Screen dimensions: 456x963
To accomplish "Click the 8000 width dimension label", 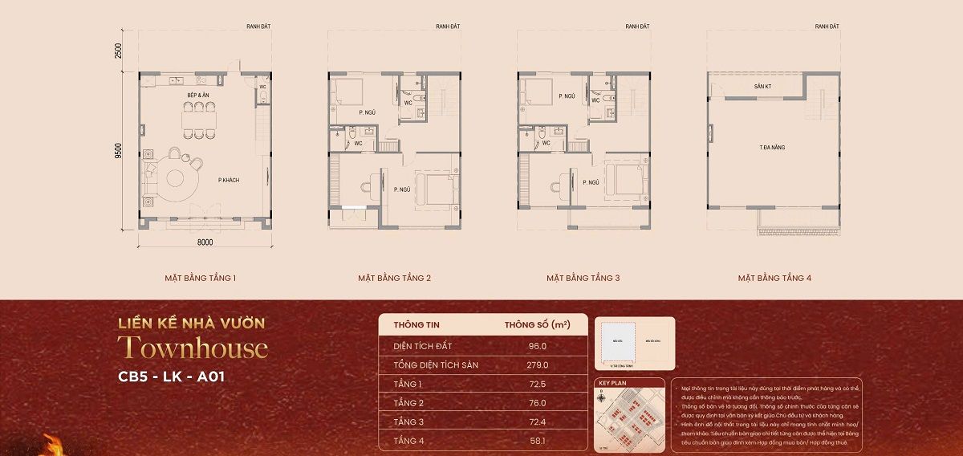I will coord(205,242).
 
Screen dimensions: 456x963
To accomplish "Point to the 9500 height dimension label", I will coord(118,151).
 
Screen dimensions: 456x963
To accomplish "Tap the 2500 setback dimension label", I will coord(118,51).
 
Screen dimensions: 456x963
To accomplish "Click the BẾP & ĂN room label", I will coord(198,96).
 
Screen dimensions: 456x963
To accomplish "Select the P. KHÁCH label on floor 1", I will coord(229,180).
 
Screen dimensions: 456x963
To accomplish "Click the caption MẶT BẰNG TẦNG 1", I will coord(200,279).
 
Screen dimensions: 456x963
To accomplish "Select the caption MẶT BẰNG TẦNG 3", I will coord(583,279).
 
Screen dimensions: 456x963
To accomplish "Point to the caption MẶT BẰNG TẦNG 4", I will coord(774,279).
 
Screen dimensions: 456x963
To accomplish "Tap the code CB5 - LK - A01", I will coord(171,377).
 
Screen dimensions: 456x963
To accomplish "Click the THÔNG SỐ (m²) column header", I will coord(537,325).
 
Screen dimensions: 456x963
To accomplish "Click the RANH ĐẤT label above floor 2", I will coord(447,26).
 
